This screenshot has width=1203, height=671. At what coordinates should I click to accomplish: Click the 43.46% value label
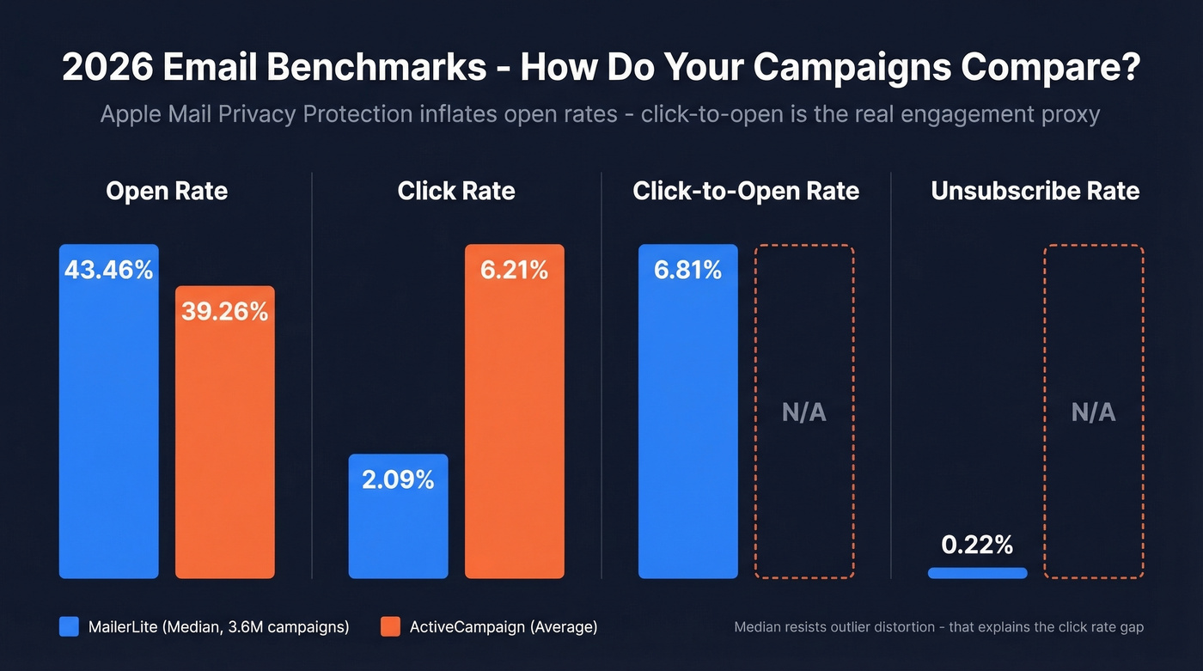pyautogui.click(x=108, y=270)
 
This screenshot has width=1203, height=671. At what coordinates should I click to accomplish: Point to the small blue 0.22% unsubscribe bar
pyautogui.click(x=977, y=573)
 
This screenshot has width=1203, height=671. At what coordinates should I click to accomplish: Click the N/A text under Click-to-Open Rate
pyautogui.click(x=803, y=412)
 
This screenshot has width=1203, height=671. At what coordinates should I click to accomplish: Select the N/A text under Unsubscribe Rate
pyautogui.click(x=1093, y=412)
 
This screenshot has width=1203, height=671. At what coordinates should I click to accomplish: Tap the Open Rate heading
pyautogui.click(x=167, y=191)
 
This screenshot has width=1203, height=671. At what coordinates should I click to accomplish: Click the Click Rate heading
pyautogui.click(x=456, y=191)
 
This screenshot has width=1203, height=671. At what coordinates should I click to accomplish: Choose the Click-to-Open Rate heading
pyautogui.click(x=746, y=191)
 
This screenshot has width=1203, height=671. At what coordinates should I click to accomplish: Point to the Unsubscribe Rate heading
pyautogui.click(x=1035, y=191)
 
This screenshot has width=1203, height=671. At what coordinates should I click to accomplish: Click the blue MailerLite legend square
pyautogui.click(x=69, y=627)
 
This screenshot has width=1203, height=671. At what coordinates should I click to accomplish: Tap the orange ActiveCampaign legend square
pyautogui.click(x=390, y=627)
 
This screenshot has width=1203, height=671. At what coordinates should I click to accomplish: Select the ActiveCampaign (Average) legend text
pyautogui.click(x=503, y=627)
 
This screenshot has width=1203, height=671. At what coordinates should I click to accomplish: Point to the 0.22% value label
pyautogui.click(x=977, y=545)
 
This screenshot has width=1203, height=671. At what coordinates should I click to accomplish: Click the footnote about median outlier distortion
pyautogui.click(x=938, y=627)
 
